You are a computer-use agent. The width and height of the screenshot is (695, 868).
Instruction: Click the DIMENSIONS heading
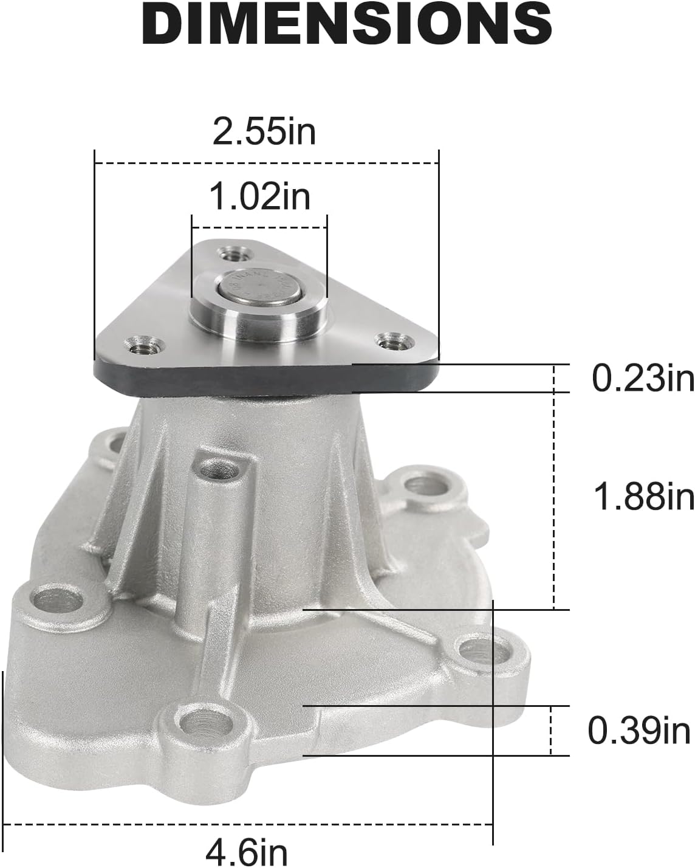(347, 24)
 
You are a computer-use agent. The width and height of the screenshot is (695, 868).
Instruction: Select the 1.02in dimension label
(259, 196)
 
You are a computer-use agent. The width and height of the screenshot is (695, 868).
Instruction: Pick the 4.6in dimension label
(247, 852)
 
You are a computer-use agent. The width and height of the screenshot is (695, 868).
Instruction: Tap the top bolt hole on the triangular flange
(232, 252)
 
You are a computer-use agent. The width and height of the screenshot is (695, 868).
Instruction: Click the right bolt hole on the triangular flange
(389, 341)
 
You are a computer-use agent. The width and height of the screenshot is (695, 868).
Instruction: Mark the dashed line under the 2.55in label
(266, 163)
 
